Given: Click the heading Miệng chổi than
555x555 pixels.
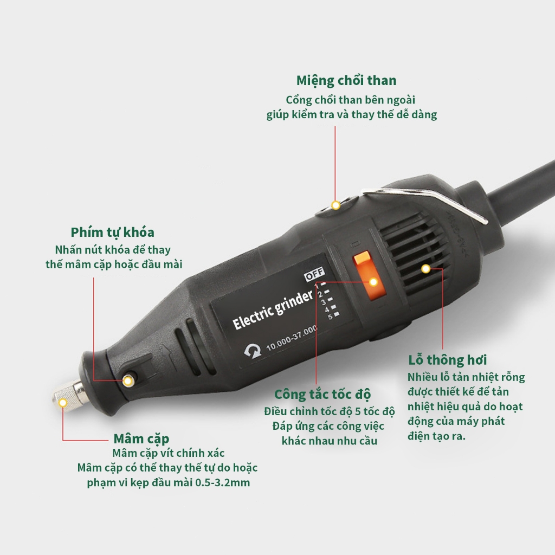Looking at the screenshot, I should click(x=346, y=81).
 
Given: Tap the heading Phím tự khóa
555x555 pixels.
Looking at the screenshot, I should click(x=112, y=233).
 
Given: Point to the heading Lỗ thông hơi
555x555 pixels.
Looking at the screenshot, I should click(x=447, y=360).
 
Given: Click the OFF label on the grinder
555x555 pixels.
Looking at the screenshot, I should click(x=314, y=275).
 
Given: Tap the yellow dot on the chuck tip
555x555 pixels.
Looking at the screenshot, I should click(x=63, y=402).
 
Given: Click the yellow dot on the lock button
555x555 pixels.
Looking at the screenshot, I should click(x=128, y=381).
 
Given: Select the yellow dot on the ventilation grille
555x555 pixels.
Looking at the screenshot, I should click(x=426, y=268).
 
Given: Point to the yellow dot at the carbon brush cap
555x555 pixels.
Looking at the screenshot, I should click(x=335, y=205).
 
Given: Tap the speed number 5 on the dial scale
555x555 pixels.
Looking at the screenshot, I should click(x=330, y=317).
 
